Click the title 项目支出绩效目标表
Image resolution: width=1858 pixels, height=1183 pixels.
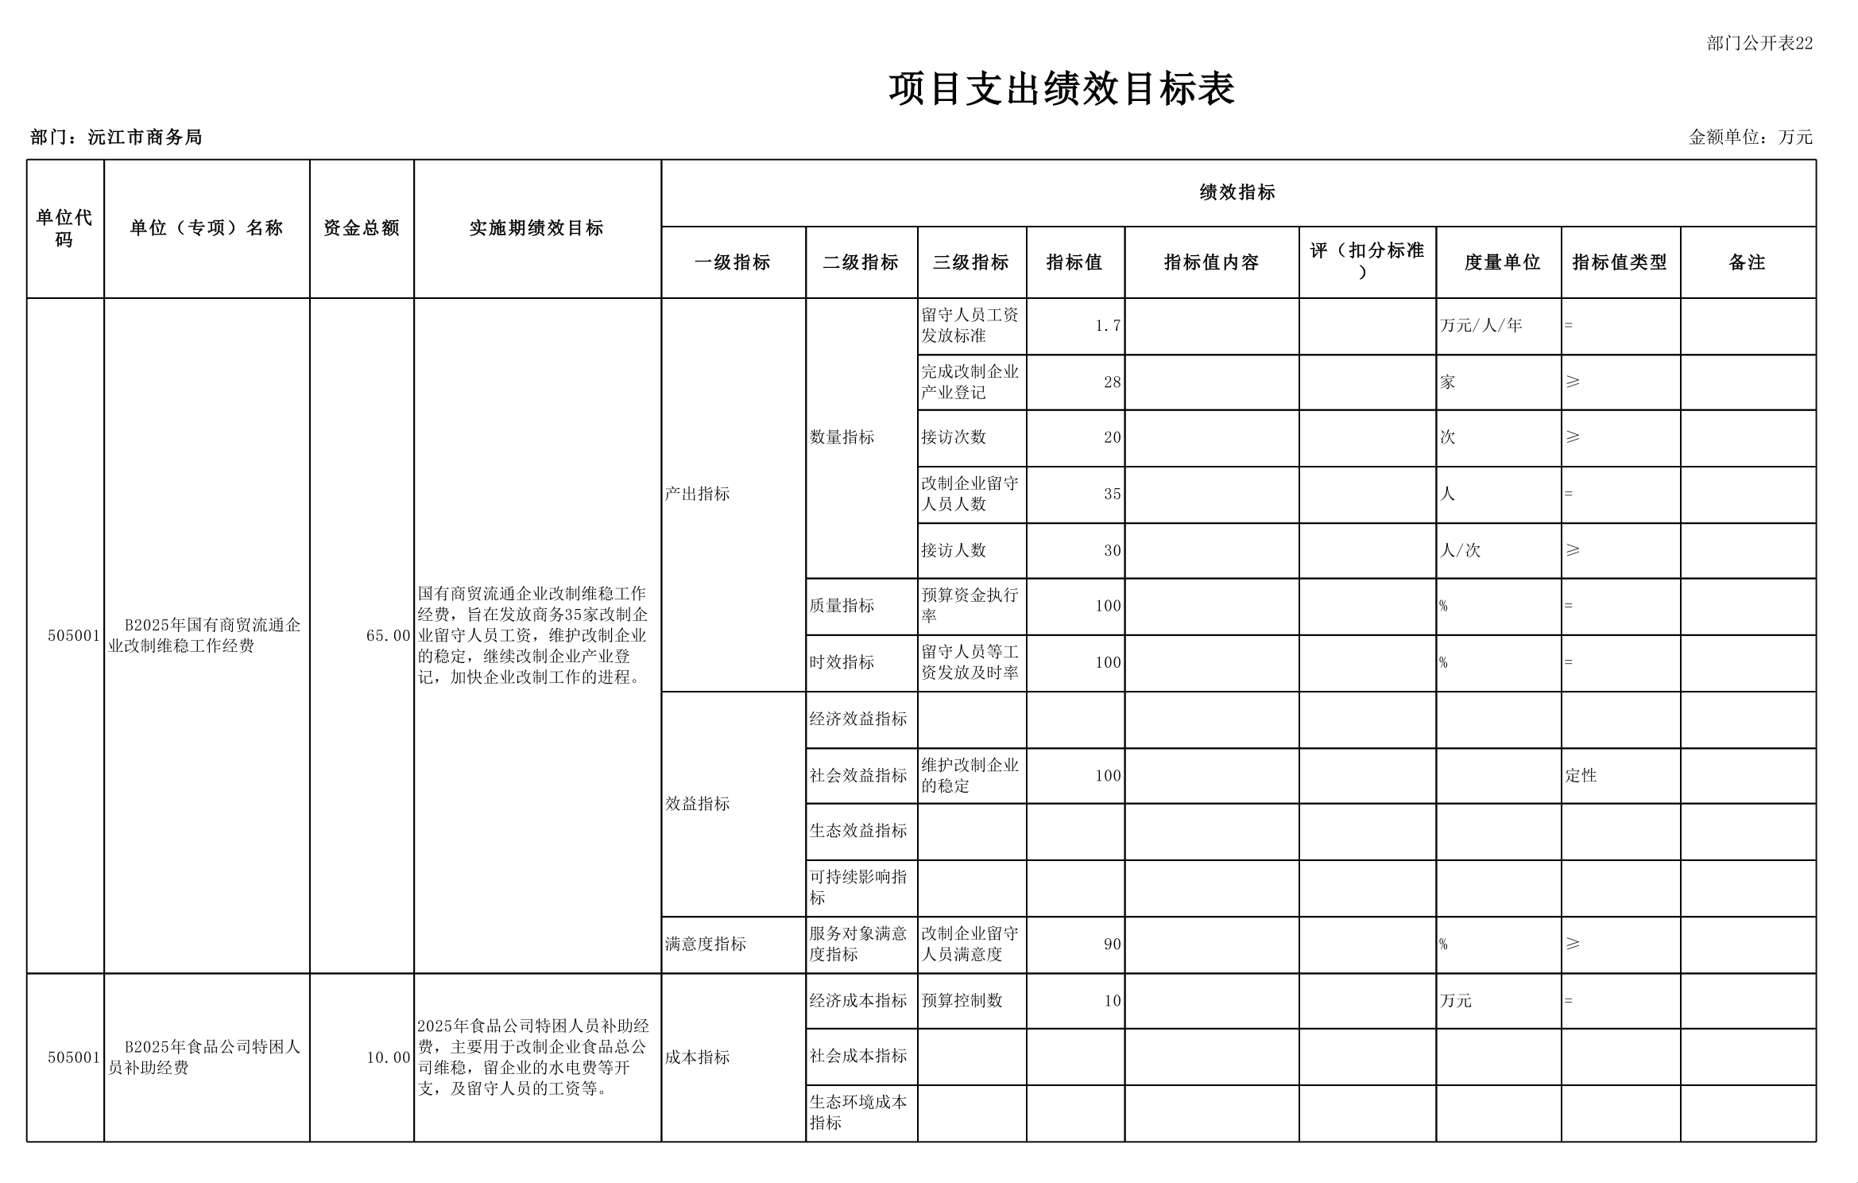click(x=1061, y=89)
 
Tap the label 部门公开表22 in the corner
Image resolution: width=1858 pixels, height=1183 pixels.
click(x=1759, y=44)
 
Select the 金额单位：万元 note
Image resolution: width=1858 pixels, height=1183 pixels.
click(x=1750, y=137)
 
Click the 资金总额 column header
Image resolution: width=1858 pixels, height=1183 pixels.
click(x=362, y=228)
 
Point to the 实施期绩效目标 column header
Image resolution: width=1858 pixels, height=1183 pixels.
click(x=536, y=228)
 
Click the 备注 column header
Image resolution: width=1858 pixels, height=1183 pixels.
click(x=1747, y=262)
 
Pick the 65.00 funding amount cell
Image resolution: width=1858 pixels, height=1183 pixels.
click(x=388, y=636)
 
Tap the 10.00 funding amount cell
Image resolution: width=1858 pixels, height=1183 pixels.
click(x=388, y=1057)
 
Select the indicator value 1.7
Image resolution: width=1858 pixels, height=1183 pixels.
click(x=1107, y=326)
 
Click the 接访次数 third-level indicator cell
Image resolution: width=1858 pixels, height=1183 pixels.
click(x=954, y=437)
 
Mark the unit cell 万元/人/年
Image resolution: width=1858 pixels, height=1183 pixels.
click(x=1481, y=325)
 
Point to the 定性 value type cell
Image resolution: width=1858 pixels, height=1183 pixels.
click(x=1581, y=776)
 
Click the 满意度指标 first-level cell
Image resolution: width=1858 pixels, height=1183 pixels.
click(x=706, y=944)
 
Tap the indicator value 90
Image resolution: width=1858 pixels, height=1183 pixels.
click(x=1112, y=944)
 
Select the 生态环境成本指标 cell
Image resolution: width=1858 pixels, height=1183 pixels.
click(x=857, y=1112)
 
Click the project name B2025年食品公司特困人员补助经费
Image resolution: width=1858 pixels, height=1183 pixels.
click(x=205, y=1057)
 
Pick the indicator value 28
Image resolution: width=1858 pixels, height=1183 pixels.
click(x=1112, y=382)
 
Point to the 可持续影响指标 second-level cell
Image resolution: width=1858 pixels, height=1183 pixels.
click(x=857, y=887)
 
